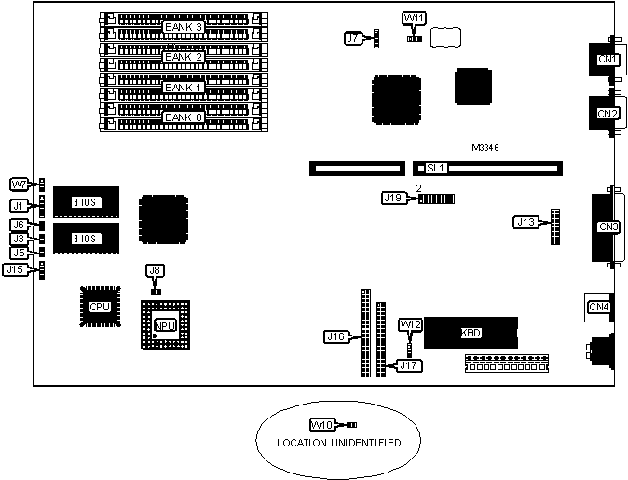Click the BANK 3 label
(x=184, y=26)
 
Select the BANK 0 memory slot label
(x=184, y=117)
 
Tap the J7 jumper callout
(x=353, y=38)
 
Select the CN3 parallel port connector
(x=608, y=226)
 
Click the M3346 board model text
(x=488, y=148)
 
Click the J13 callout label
(x=526, y=222)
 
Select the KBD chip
(x=471, y=333)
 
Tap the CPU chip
(x=99, y=306)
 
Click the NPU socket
(x=165, y=325)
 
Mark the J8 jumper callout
(x=156, y=270)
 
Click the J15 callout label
(x=15, y=269)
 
